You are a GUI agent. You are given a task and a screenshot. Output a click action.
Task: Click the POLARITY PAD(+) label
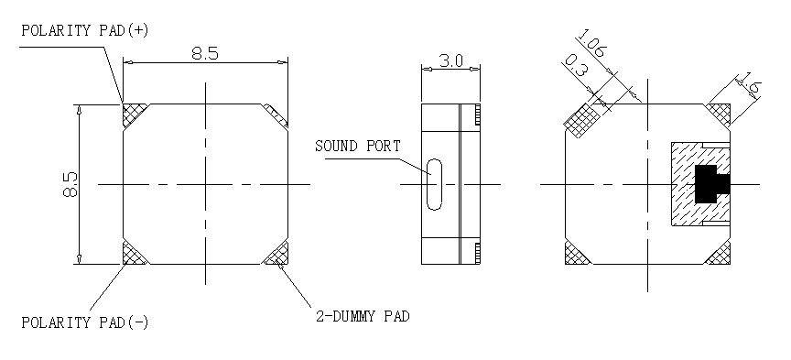pos(83,30)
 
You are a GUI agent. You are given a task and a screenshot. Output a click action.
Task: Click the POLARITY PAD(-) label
pos(83,322)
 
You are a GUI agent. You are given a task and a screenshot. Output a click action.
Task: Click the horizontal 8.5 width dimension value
pos(205,53)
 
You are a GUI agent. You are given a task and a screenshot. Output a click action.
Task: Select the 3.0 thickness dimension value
pos(451,60)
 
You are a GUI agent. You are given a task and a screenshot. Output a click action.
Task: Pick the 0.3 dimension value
pos(576,67)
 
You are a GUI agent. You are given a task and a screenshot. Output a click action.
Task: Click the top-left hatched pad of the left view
pos(134,115)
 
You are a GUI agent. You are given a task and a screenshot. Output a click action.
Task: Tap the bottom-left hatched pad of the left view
pos(134,253)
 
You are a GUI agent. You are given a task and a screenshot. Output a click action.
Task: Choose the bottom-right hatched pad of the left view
pos(276,254)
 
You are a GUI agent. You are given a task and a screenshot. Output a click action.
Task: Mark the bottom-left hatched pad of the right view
pos(578,254)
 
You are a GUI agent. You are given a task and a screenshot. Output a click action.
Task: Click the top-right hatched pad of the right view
pos(720,113)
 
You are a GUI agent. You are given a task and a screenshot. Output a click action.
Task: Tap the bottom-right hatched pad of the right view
pos(720,254)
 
